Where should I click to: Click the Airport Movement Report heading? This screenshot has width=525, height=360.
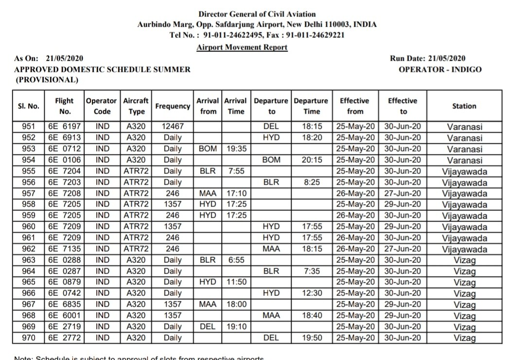tap(242, 47)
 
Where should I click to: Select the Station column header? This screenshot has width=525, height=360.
tap(464, 106)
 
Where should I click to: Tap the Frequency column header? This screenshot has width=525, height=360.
tap(172, 106)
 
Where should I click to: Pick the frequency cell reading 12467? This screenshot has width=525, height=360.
tap(172, 127)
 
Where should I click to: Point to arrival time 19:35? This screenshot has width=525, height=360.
tap(236, 149)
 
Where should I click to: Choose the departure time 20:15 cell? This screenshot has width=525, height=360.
tap(312, 160)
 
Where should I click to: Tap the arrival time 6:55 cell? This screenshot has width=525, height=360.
tap(236, 260)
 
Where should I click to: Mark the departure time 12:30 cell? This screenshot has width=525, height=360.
tap(312, 293)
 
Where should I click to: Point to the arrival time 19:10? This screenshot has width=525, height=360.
tap(236, 327)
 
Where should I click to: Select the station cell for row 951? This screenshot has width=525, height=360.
tap(464, 127)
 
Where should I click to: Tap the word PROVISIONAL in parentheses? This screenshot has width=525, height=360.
tap(47, 80)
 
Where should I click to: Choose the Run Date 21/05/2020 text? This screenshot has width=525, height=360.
tap(428, 58)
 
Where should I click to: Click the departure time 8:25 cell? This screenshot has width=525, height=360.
tap(312, 182)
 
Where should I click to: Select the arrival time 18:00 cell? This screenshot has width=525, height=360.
tap(236, 305)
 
